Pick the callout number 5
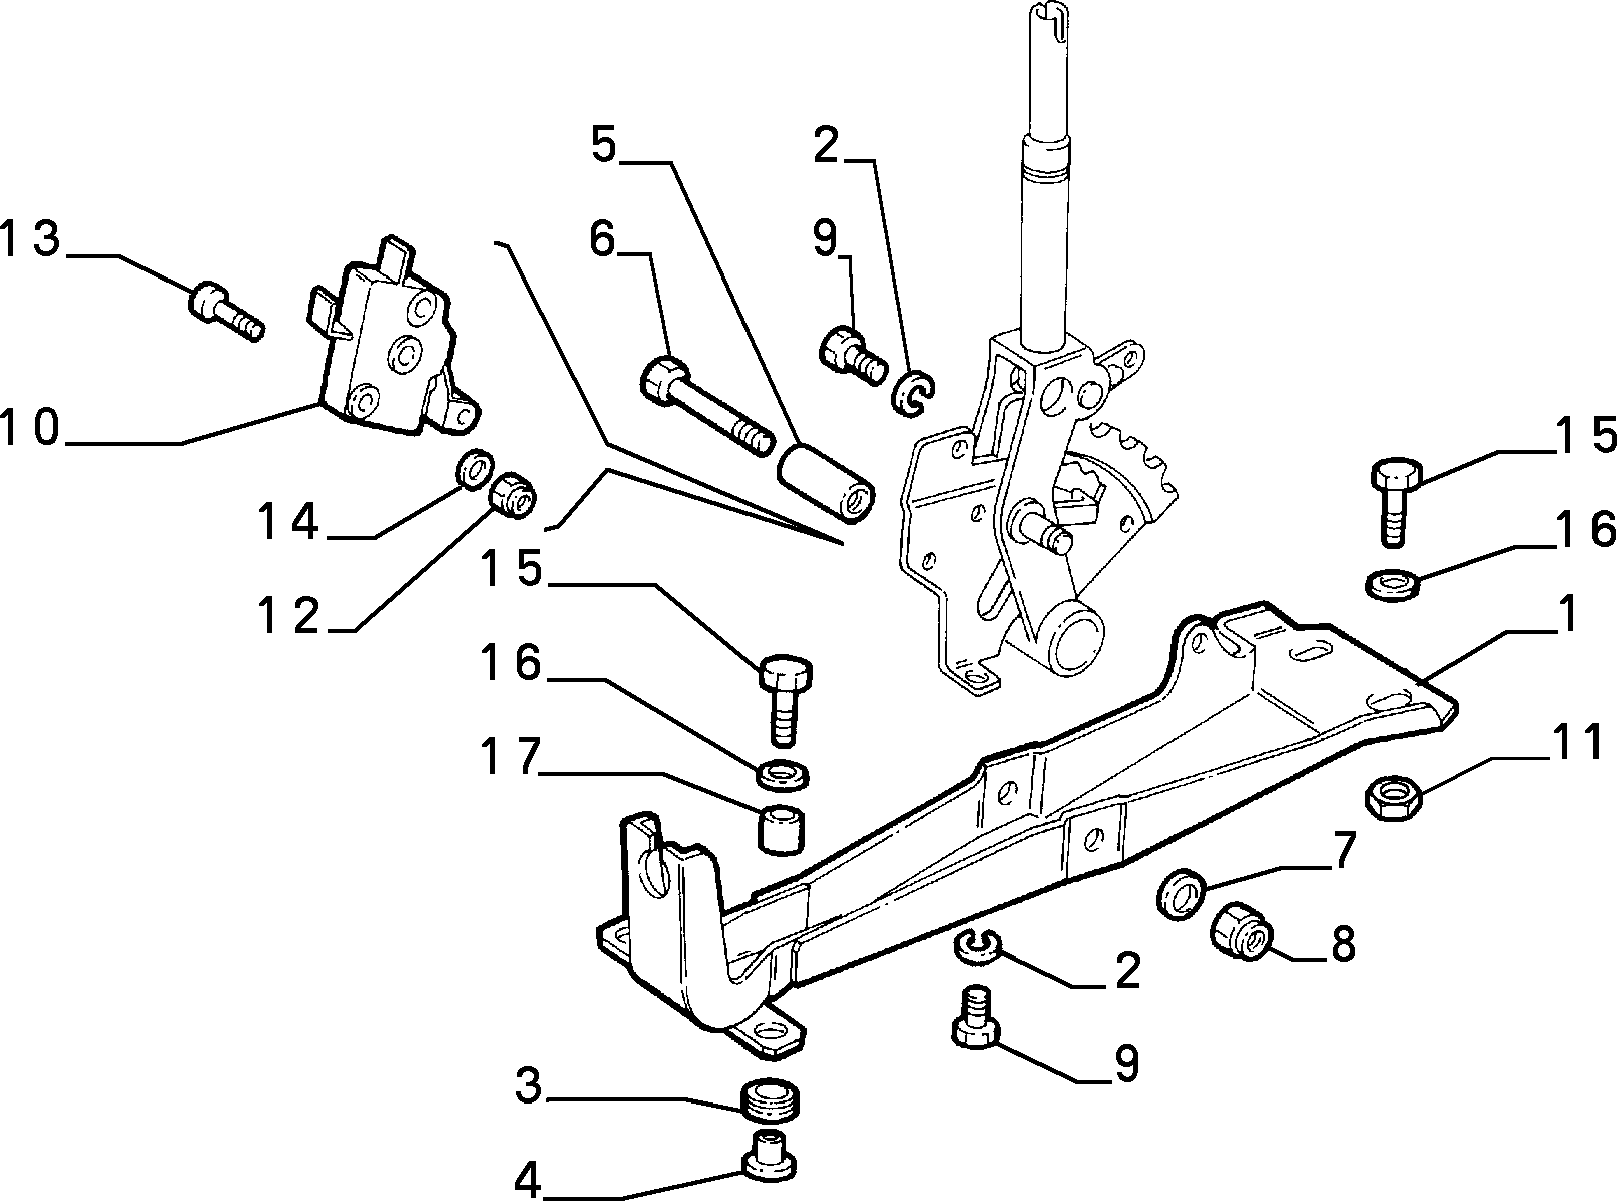604,146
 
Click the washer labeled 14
475,467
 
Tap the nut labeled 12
513,495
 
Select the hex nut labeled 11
1393,797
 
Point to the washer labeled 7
1181,893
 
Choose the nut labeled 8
1242,930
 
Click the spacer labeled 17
782,828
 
